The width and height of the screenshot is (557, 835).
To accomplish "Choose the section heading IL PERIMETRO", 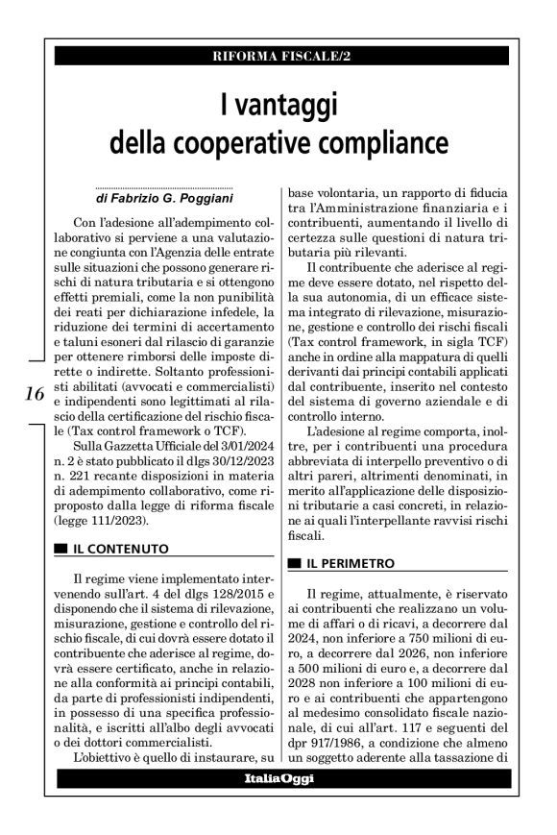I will click(351, 561).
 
